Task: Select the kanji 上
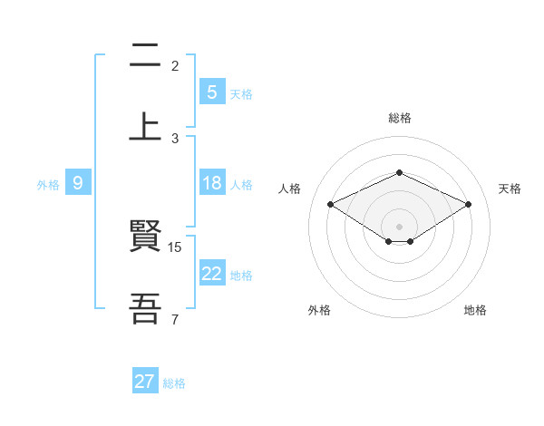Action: (x=146, y=126)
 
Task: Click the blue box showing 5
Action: (x=211, y=92)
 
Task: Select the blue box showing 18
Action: (x=211, y=183)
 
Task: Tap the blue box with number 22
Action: (x=211, y=275)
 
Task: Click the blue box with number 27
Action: (x=145, y=382)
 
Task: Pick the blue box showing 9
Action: (x=78, y=183)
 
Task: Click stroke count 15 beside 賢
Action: (x=176, y=247)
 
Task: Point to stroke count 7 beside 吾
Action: (x=174, y=319)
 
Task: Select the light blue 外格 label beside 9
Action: (x=48, y=184)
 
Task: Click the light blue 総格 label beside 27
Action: (x=174, y=382)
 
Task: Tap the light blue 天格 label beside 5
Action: (x=241, y=92)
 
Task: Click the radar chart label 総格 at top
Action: (x=399, y=118)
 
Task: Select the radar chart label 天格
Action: (x=510, y=189)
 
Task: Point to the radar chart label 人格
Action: (x=290, y=189)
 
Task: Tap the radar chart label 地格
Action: (x=475, y=310)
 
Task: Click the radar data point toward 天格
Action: (x=468, y=205)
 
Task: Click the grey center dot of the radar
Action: (x=399, y=226)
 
